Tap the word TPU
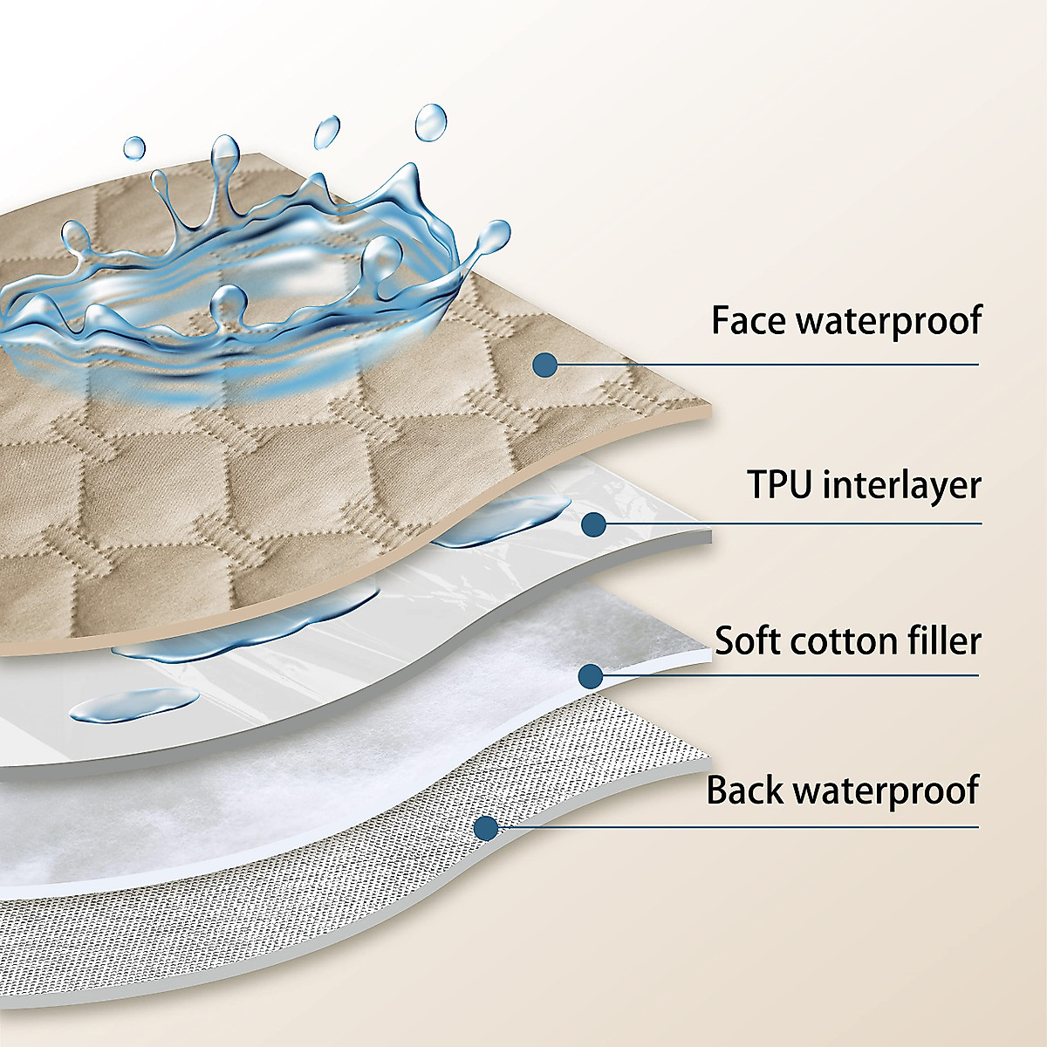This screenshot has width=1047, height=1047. pyautogui.click(x=779, y=484)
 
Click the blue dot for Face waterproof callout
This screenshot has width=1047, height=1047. pyautogui.click(x=545, y=364)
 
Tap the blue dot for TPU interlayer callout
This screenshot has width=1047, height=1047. pyautogui.click(x=593, y=523)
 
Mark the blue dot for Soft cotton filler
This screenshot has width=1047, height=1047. pyautogui.click(x=591, y=675)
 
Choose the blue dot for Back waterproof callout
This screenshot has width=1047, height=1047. pyautogui.click(x=485, y=827)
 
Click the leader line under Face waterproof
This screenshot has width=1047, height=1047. pyautogui.click(x=768, y=365)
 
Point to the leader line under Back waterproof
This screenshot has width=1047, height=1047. pyautogui.click(x=742, y=827)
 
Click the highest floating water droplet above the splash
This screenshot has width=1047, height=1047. pyautogui.click(x=430, y=122)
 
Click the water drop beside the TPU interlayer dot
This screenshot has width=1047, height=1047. pyautogui.click(x=506, y=522)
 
